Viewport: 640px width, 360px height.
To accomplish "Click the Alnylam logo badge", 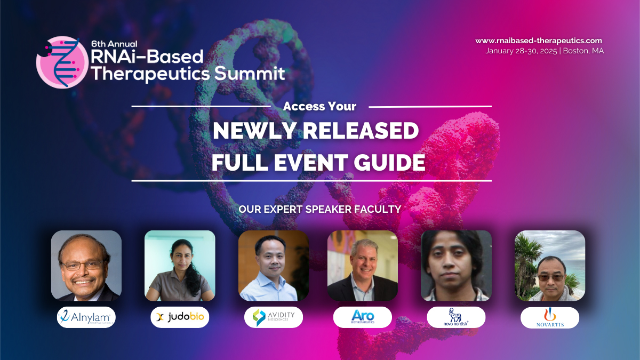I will [86, 317].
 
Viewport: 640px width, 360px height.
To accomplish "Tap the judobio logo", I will [180, 317].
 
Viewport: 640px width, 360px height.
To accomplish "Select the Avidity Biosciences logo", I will [273, 317].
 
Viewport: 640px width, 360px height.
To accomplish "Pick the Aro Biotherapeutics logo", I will [363, 317].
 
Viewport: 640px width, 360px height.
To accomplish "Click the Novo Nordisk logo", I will [456, 317].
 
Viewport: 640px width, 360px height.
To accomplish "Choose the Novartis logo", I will [550, 317].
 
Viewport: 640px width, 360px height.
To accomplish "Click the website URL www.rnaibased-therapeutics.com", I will [539, 41].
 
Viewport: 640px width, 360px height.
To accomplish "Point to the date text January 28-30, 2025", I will [521, 51].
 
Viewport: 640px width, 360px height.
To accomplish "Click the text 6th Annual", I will [114, 44].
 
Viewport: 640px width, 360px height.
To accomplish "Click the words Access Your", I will [319, 106].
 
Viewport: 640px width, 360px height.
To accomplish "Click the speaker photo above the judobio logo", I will [180, 266].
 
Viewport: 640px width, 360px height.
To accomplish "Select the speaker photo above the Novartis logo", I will [550, 266].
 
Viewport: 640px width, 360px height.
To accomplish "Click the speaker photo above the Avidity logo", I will [273, 266].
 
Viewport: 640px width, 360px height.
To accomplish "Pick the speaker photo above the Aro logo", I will [363, 266].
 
